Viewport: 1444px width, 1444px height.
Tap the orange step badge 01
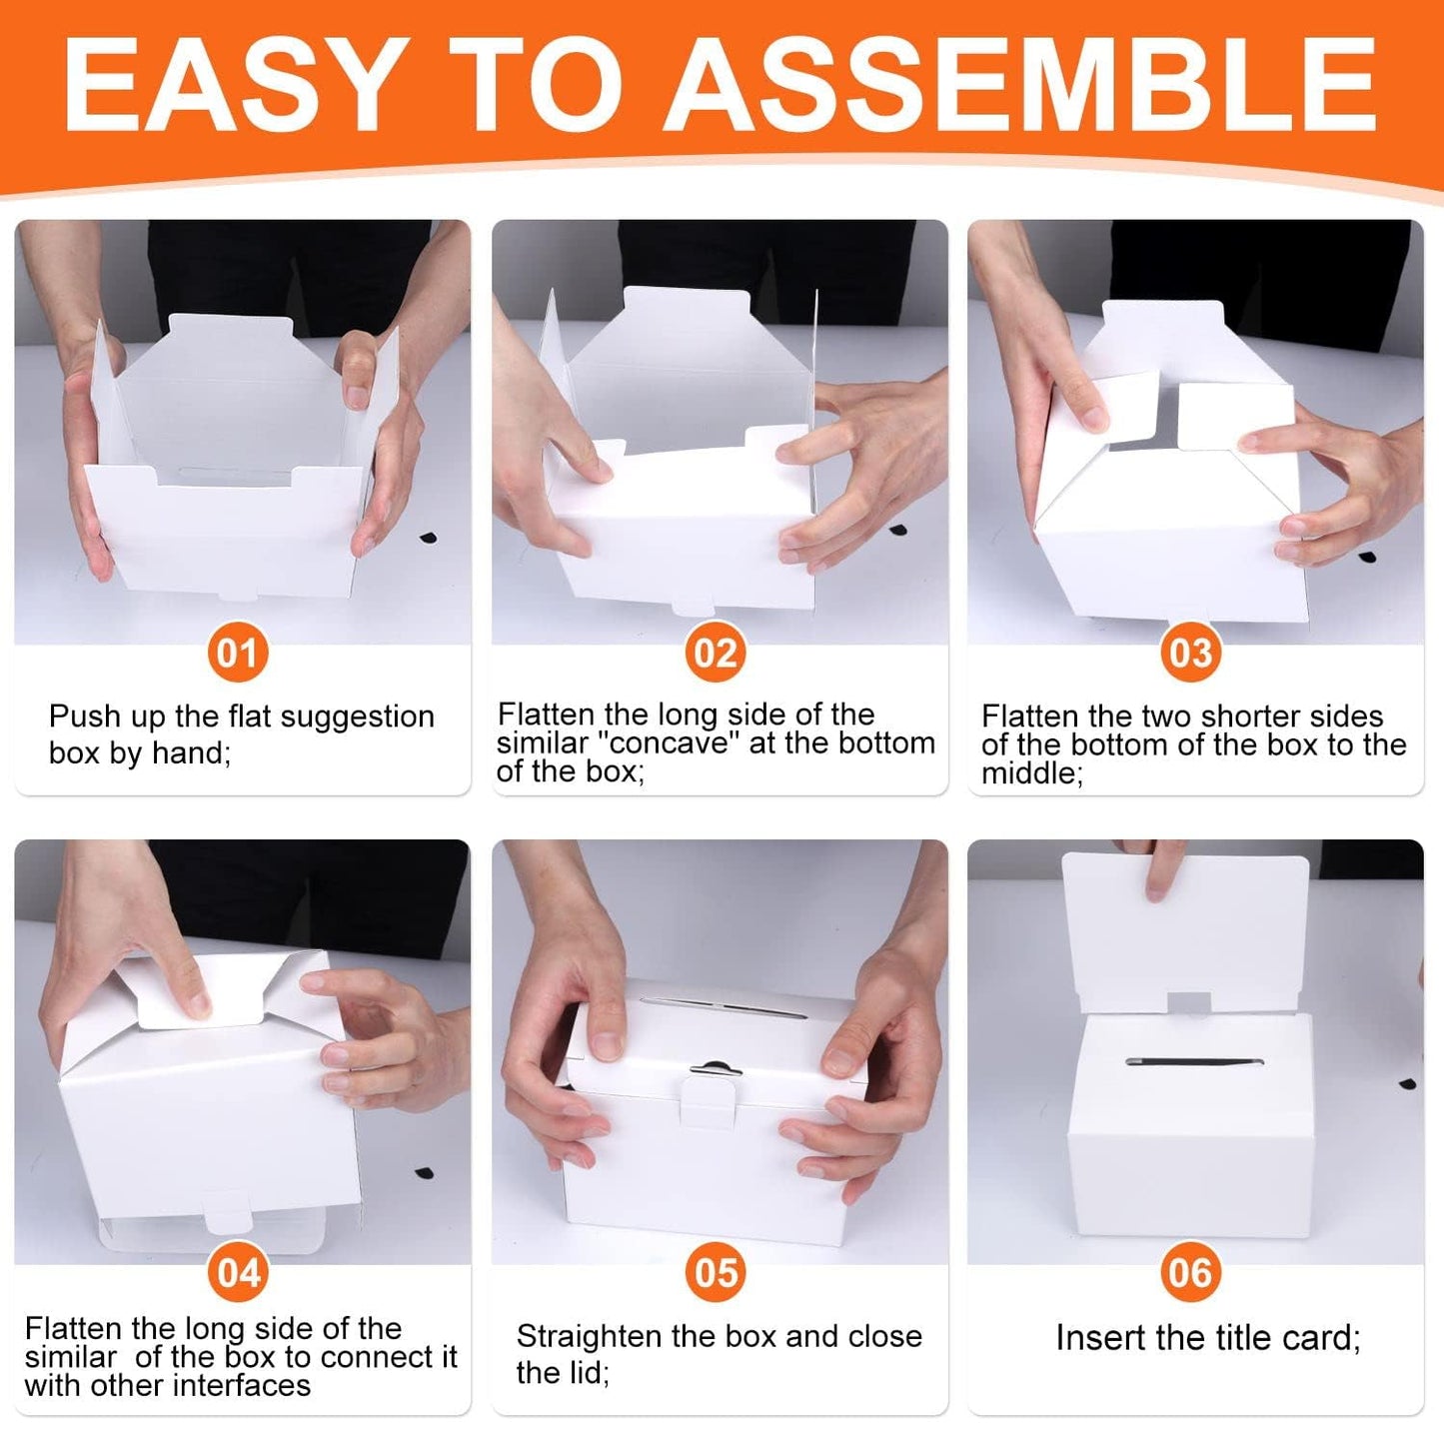pos(238,653)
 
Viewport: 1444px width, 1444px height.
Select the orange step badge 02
pos(716,653)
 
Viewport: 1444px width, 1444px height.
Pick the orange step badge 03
pos(1191,653)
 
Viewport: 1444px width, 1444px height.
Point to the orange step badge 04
pos(238,1272)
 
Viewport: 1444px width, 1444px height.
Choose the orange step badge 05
pos(717,1272)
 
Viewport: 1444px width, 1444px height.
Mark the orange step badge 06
pos(1191,1272)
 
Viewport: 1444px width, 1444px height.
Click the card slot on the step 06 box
pos(1194,1063)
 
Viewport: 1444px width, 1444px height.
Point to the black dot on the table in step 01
pos(429,539)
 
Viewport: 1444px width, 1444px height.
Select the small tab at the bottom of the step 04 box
pos(228,1211)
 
